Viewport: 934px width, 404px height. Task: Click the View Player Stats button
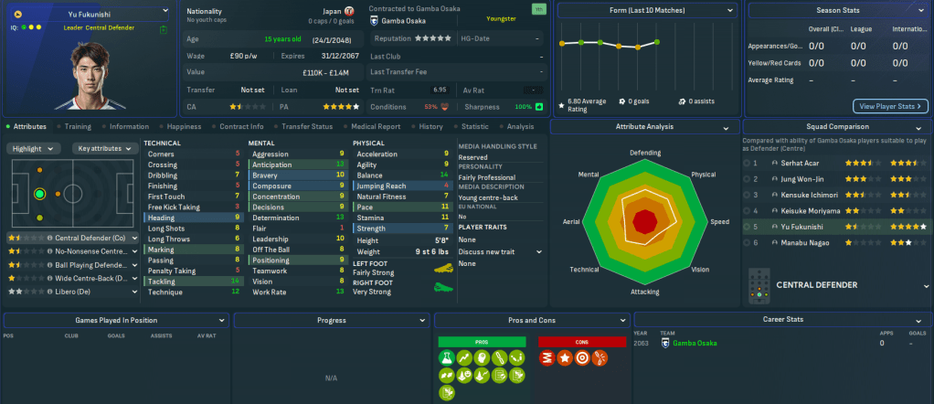889,106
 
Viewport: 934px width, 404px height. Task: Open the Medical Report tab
376,126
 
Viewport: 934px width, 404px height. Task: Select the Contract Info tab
241,126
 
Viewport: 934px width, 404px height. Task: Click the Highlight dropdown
34,148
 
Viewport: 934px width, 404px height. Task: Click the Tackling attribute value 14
237,282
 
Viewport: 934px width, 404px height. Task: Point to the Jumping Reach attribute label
382,186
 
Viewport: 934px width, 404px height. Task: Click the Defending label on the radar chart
645,153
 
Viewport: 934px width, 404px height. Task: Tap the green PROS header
482,341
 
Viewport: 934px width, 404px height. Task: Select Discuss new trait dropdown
500,251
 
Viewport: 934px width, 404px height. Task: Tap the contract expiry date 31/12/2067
334,56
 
